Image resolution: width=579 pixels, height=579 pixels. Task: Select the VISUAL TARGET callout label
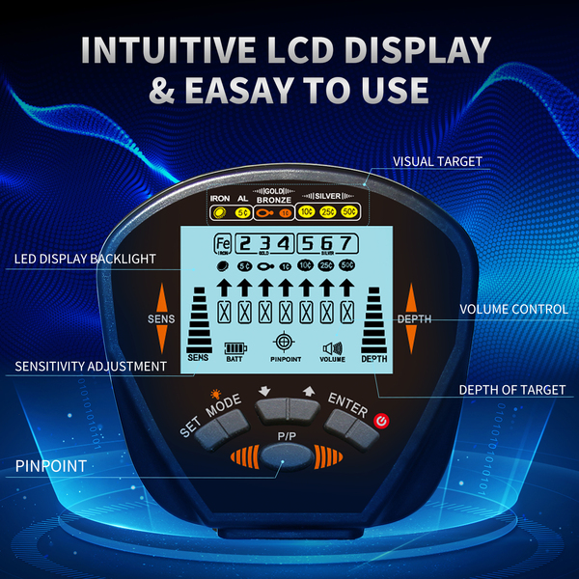tap(437, 161)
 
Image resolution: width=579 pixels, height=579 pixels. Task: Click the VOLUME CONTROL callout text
tap(512, 310)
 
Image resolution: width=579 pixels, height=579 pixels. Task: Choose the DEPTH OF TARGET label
tap(511, 390)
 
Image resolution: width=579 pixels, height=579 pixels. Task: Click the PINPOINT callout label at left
tap(50, 465)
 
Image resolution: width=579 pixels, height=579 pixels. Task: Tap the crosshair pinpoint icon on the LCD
tap(284, 343)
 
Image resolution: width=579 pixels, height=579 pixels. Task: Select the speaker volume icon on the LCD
tap(333, 348)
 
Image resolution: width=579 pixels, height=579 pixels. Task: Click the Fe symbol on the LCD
tap(222, 243)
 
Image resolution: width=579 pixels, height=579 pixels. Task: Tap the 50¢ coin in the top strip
tap(348, 211)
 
